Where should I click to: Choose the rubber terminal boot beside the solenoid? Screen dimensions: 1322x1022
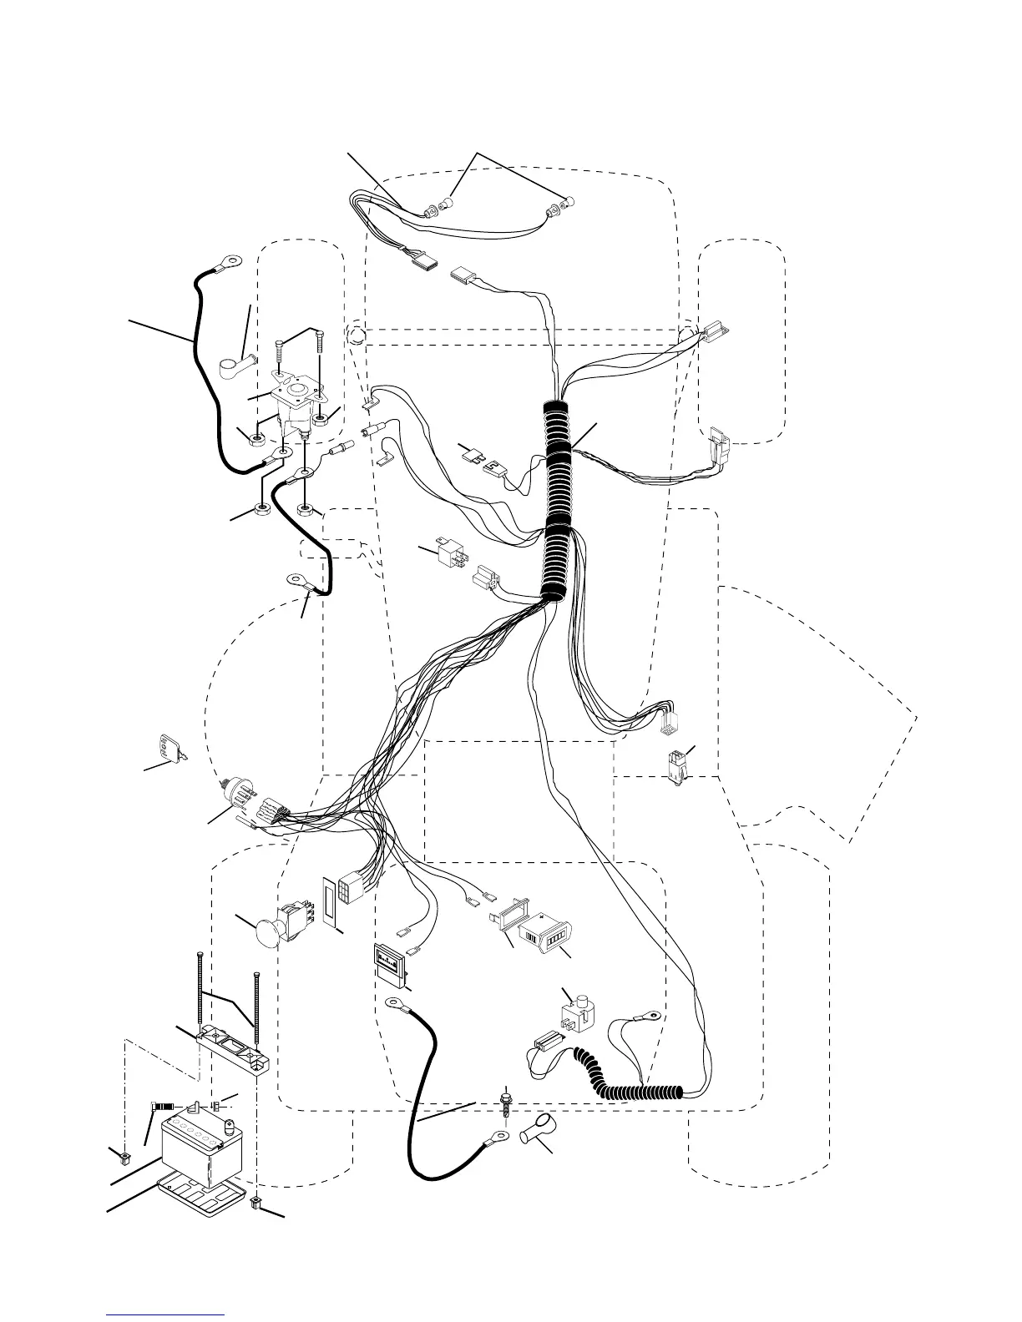(232, 366)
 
